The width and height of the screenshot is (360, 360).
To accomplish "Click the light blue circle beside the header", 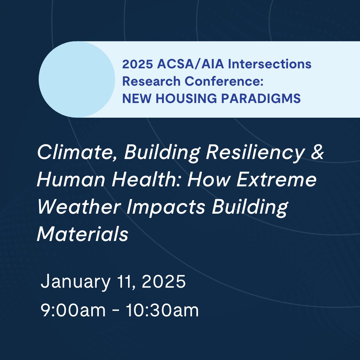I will [77, 79].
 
